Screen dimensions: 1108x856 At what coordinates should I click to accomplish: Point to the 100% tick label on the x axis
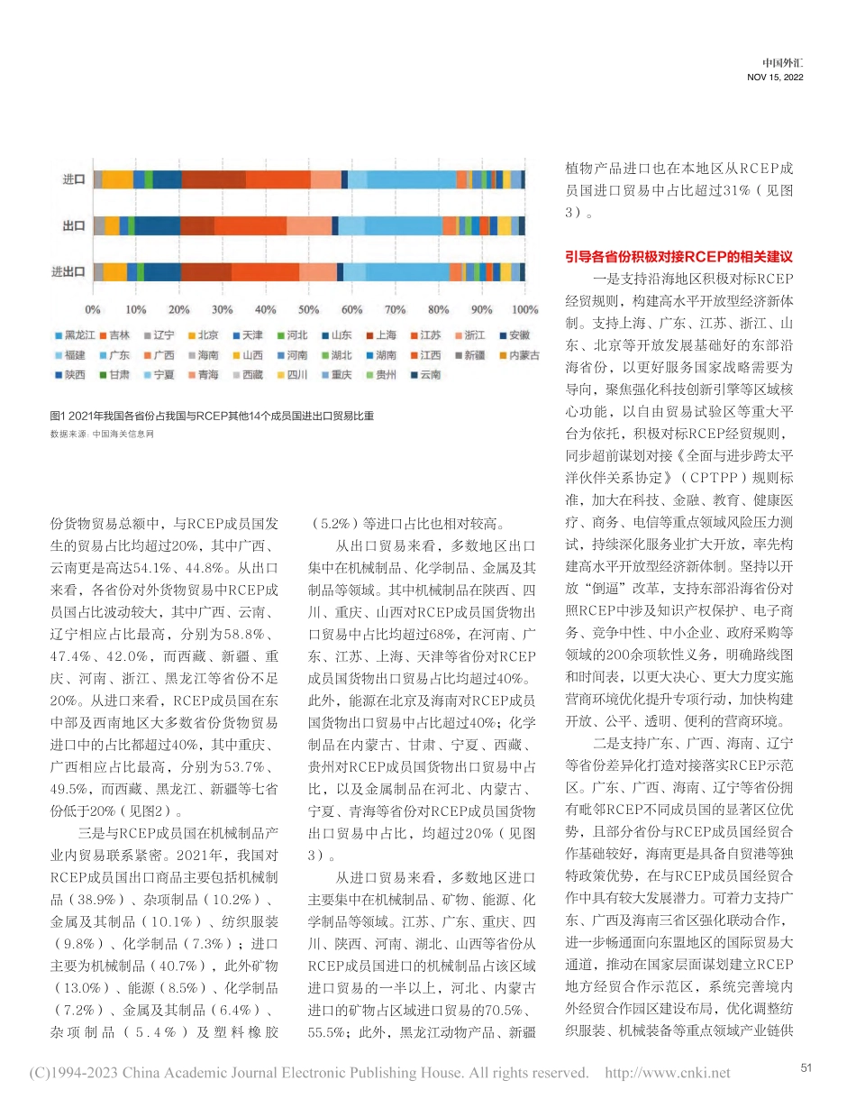525,310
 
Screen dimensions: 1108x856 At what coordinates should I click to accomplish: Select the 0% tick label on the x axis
94,310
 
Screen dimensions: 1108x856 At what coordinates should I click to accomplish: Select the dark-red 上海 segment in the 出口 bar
197,225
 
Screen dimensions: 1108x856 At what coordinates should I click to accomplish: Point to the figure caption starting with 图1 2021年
211,416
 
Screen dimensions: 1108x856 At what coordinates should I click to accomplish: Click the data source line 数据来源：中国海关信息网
103,434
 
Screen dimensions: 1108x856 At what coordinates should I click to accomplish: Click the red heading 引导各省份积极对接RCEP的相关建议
678,256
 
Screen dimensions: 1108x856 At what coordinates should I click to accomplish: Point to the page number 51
806,1067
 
